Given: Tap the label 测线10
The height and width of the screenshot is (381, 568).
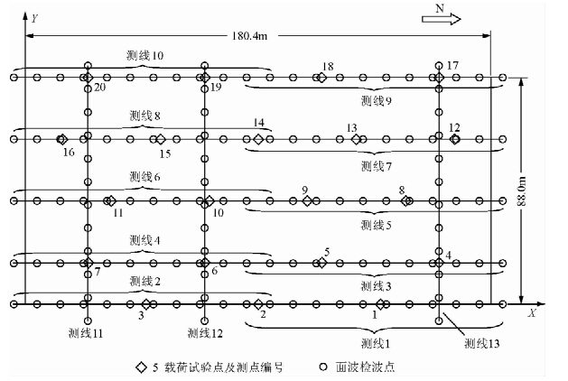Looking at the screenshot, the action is (145, 55).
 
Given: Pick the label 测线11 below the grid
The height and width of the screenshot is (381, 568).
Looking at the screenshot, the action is (88, 333).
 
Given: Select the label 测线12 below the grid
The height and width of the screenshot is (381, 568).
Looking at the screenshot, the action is (205, 333).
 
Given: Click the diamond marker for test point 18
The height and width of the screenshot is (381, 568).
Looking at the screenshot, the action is (321, 78).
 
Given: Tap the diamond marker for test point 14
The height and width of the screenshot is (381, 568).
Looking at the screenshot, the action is (258, 139).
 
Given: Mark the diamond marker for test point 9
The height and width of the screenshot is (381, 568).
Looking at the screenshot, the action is (307, 200).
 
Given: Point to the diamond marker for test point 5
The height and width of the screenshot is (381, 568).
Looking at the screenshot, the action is (321, 263).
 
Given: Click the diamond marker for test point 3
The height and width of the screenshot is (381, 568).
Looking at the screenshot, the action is (146, 303).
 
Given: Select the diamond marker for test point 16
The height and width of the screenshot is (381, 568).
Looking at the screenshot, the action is (61, 139).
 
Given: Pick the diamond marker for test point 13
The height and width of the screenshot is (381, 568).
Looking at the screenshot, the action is (356, 139).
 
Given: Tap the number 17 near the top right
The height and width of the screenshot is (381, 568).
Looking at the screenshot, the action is (452, 65).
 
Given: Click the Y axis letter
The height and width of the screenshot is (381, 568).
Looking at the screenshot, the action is (33, 17).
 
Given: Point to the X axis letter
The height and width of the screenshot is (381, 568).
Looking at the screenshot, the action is (533, 312).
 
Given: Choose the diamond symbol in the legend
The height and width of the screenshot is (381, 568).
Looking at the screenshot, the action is (141, 367).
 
